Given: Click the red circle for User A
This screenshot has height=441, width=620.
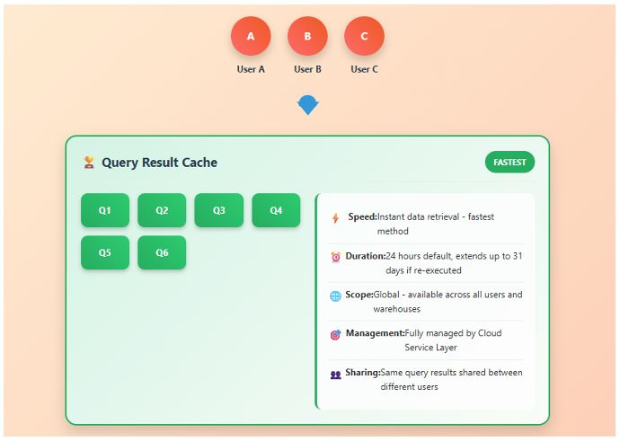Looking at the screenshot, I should pyautogui.click(x=251, y=37).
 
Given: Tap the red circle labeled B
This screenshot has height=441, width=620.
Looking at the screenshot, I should pyautogui.click(x=307, y=37).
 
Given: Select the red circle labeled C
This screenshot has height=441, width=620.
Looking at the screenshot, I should pyautogui.click(x=364, y=37).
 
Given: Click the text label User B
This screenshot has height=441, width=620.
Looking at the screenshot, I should pyautogui.click(x=307, y=69).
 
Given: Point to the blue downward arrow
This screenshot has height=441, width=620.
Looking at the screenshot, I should pyautogui.click(x=307, y=105).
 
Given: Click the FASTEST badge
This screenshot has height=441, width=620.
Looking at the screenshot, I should pyautogui.click(x=509, y=162).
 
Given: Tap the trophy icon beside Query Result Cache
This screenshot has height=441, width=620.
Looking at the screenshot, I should pyautogui.click(x=89, y=163).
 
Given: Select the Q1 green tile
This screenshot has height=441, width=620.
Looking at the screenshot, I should pyautogui.click(x=105, y=210).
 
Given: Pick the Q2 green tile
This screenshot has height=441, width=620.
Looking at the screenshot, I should pyautogui.click(x=162, y=210).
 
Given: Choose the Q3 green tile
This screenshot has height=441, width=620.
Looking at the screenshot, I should pyautogui.click(x=218, y=210).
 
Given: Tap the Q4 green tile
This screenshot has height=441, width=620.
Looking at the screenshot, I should pyautogui.click(x=276, y=210).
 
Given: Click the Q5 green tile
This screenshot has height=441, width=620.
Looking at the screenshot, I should pyautogui.click(x=105, y=252).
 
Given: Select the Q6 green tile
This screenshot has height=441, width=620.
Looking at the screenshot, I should pyautogui.click(x=162, y=252).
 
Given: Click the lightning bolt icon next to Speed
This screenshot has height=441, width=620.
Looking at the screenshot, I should pyautogui.click(x=335, y=218).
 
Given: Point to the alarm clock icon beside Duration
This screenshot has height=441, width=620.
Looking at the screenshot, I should pyautogui.click(x=335, y=257).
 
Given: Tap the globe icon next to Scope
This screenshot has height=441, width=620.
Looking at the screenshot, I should pyautogui.click(x=335, y=295).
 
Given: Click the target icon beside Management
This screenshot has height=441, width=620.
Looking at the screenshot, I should pyautogui.click(x=335, y=334).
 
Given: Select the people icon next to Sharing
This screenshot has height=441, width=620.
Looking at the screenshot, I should pyautogui.click(x=335, y=374).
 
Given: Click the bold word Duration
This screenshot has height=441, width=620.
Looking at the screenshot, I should pyautogui.click(x=365, y=256).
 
